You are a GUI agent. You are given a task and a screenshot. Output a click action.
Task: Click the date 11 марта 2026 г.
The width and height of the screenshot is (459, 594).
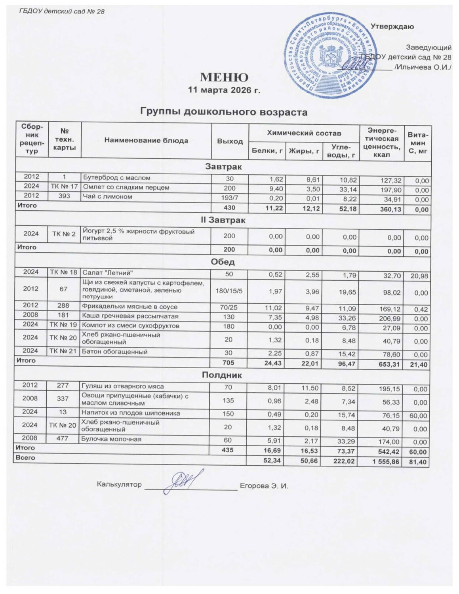pyautogui.click(x=224, y=90)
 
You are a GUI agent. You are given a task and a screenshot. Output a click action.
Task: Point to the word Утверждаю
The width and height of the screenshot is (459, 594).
pyautogui.click(x=392, y=27)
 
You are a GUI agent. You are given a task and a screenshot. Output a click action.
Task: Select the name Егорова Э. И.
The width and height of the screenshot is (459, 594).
pyautogui.click(x=264, y=485)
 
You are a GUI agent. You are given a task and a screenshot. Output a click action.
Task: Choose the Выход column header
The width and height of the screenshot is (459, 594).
pyautogui.click(x=230, y=141)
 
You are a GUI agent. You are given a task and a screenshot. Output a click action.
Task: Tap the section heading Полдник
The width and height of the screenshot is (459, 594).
pyautogui.click(x=222, y=374)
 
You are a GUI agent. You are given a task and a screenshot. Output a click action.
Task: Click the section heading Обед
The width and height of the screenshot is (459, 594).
pyautogui.click(x=223, y=262)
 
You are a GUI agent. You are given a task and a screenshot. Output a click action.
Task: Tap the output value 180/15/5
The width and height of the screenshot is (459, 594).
pyautogui.click(x=230, y=289)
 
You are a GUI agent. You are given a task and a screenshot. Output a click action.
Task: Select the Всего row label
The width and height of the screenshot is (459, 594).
pyautogui.click(x=25, y=458)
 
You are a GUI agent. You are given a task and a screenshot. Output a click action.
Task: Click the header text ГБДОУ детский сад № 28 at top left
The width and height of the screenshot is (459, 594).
pyautogui.click(x=62, y=11)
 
